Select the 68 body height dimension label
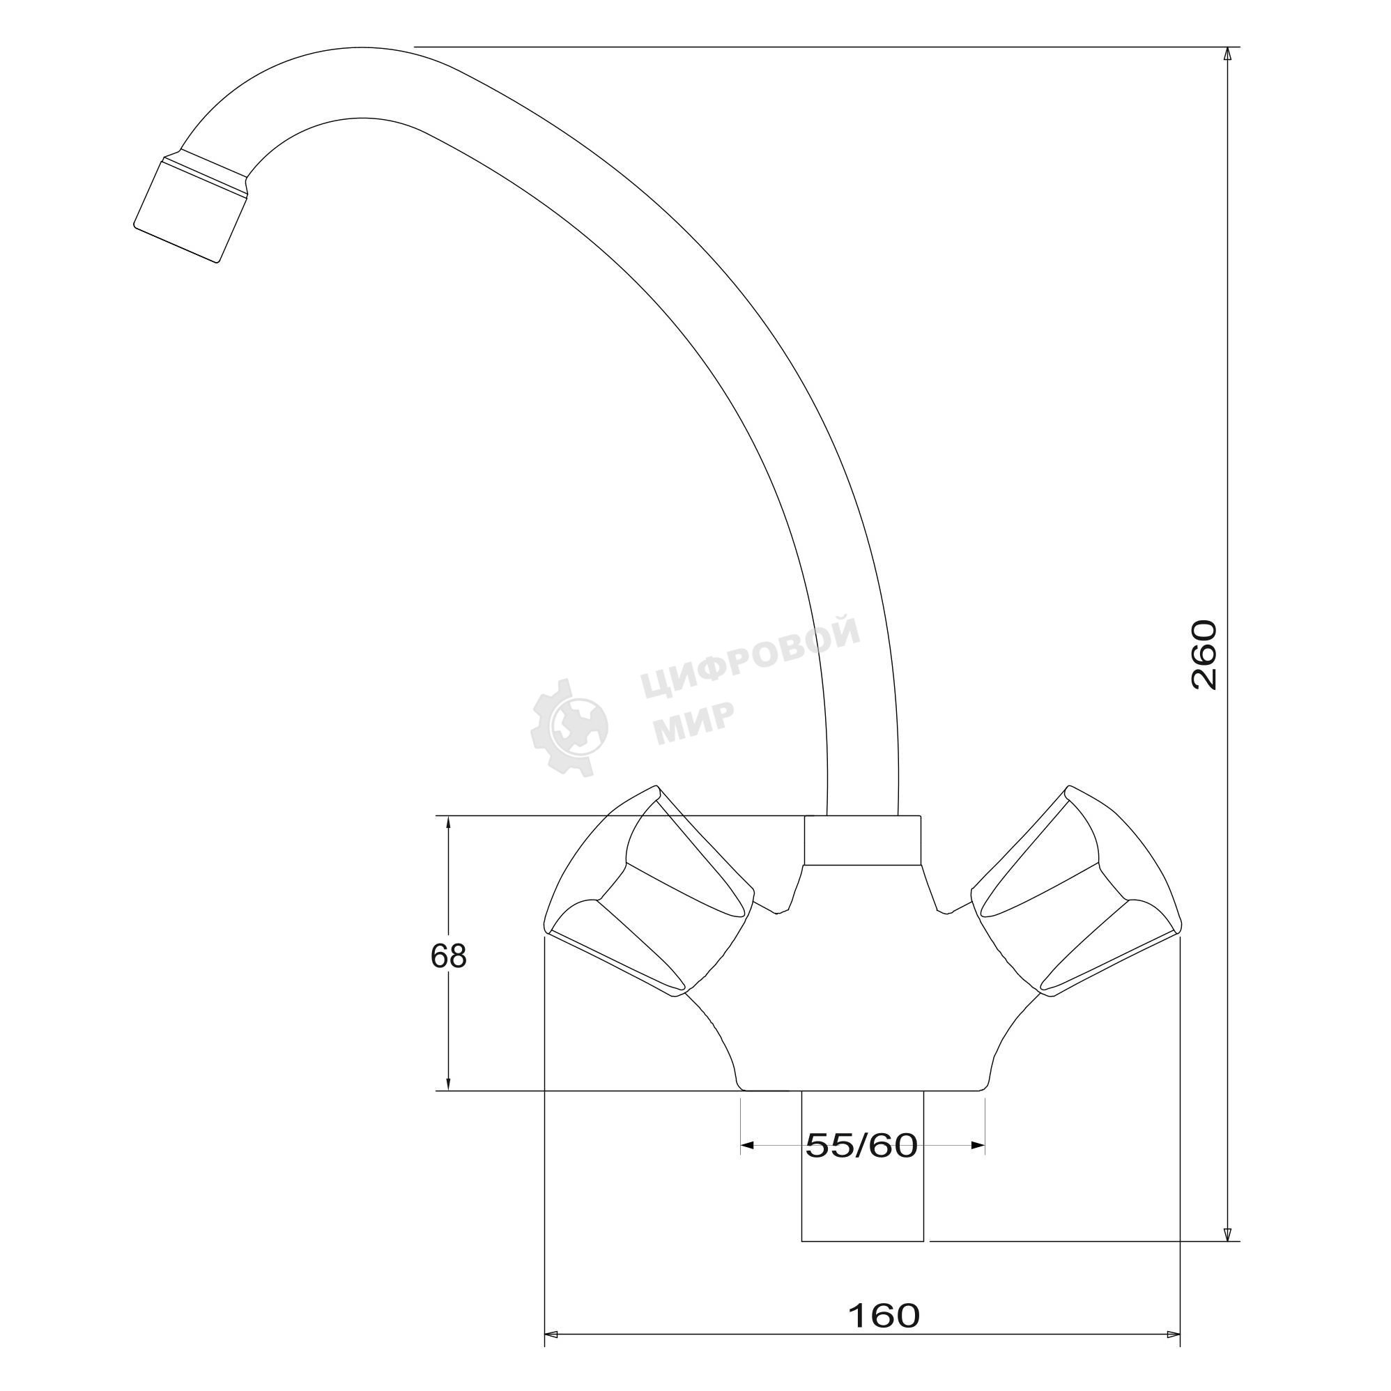(x=449, y=956)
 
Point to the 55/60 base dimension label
(x=862, y=1146)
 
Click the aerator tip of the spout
(x=190, y=208)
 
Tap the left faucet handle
(x=648, y=892)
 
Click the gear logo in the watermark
(x=569, y=726)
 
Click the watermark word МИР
(x=694, y=722)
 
